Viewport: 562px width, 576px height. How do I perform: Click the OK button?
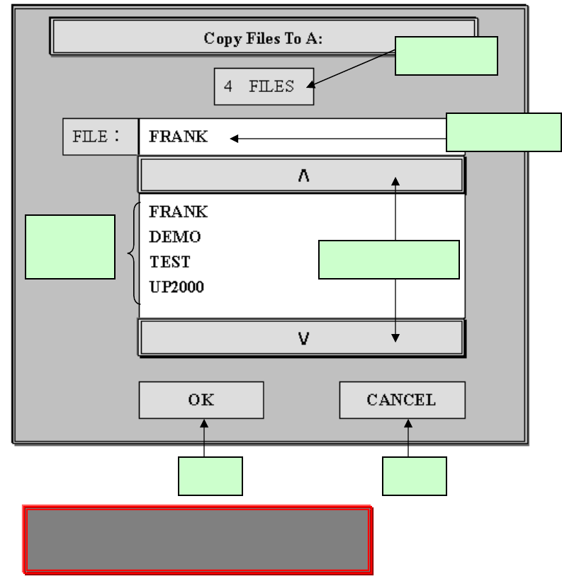tap(201, 401)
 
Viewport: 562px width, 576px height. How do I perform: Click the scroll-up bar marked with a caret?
tap(302, 176)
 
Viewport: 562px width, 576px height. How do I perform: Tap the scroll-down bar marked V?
tap(302, 338)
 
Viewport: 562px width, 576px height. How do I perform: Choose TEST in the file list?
tap(169, 262)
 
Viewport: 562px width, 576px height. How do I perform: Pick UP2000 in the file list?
tap(176, 287)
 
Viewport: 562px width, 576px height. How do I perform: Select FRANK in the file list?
tap(178, 212)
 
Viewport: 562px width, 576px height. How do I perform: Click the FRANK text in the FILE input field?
tap(179, 137)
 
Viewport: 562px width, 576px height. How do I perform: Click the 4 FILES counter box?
tap(264, 87)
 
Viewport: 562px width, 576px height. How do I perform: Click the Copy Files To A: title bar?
tap(263, 38)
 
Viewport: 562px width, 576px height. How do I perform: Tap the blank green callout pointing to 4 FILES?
tap(446, 56)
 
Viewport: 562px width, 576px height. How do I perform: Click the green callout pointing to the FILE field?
tap(503, 132)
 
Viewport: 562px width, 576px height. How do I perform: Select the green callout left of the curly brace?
tap(70, 247)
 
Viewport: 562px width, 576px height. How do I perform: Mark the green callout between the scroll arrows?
tap(389, 260)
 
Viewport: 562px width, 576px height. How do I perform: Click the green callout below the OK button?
tap(210, 476)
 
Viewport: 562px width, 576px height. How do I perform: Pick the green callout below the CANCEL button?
tap(415, 476)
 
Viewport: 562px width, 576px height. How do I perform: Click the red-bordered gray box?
tap(198, 539)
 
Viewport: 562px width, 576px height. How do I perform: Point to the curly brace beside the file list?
tap(133, 253)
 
